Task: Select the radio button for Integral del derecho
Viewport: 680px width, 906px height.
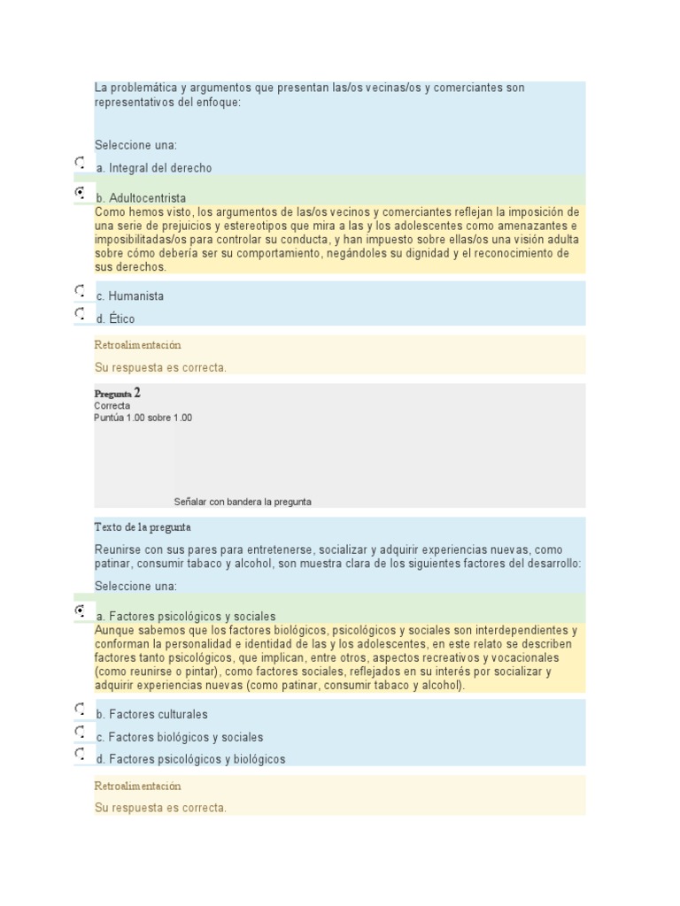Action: pyautogui.click(x=81, y=163)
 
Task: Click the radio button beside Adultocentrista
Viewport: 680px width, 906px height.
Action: pyautogui.click(x=81, y=193)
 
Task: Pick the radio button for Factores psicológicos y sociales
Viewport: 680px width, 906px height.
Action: pyautogui.click(x=81, y=611)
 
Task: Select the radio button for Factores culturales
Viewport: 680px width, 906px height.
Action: pyautogui.click(x=81, y=710)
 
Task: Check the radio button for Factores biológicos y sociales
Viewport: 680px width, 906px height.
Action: pyautogui.click(x=81, y=732)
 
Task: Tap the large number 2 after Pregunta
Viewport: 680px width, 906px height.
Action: pyautogui.click(x=137, y=392)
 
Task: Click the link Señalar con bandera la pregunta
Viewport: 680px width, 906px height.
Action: pyautogui.click(x=243, y=502)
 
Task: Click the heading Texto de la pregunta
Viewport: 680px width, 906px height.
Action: pyautogui.click(x=143, y=527)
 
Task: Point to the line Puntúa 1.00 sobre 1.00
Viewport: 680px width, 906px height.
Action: pyautogui.click(x=143, y=418)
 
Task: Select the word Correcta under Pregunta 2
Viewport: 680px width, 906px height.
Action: pyautogui.click(x=112, y=406)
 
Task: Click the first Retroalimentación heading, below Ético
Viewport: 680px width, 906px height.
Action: pyautogui.click(x=137, y=345)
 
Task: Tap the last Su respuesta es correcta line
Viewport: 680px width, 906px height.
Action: pyautogui.click(x=160, y=808)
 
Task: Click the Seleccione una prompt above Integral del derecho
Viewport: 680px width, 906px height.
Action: pyautogui.click(x=135, y=145)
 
